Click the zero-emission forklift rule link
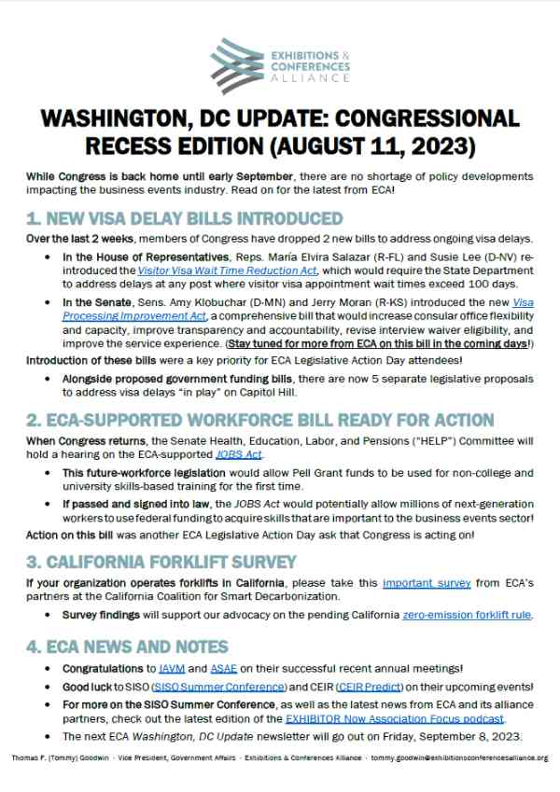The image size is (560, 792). point(466,616)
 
